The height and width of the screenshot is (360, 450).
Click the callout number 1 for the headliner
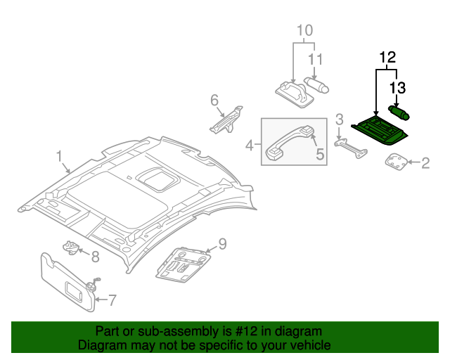coord(60,155)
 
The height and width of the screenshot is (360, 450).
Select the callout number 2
coord(425,163)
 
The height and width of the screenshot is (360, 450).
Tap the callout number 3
coord(338,119)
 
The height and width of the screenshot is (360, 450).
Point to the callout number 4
coord(248,146)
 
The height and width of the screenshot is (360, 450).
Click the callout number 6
coord(214,101)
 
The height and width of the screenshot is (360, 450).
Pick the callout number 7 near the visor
coord(113,300)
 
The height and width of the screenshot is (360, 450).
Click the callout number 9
coord(221,244)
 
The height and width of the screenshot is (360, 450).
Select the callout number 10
coord(303,30)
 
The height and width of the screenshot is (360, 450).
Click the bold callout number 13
coord(398,88)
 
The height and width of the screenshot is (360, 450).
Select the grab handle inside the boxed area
coord(288,141)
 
